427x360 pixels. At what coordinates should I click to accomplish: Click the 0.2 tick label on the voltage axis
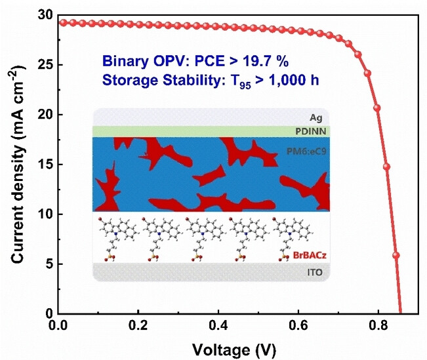point(138,325)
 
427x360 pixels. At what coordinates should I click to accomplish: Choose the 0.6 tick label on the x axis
point(297,325)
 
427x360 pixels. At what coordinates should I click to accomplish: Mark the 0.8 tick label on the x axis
point(376,325)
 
